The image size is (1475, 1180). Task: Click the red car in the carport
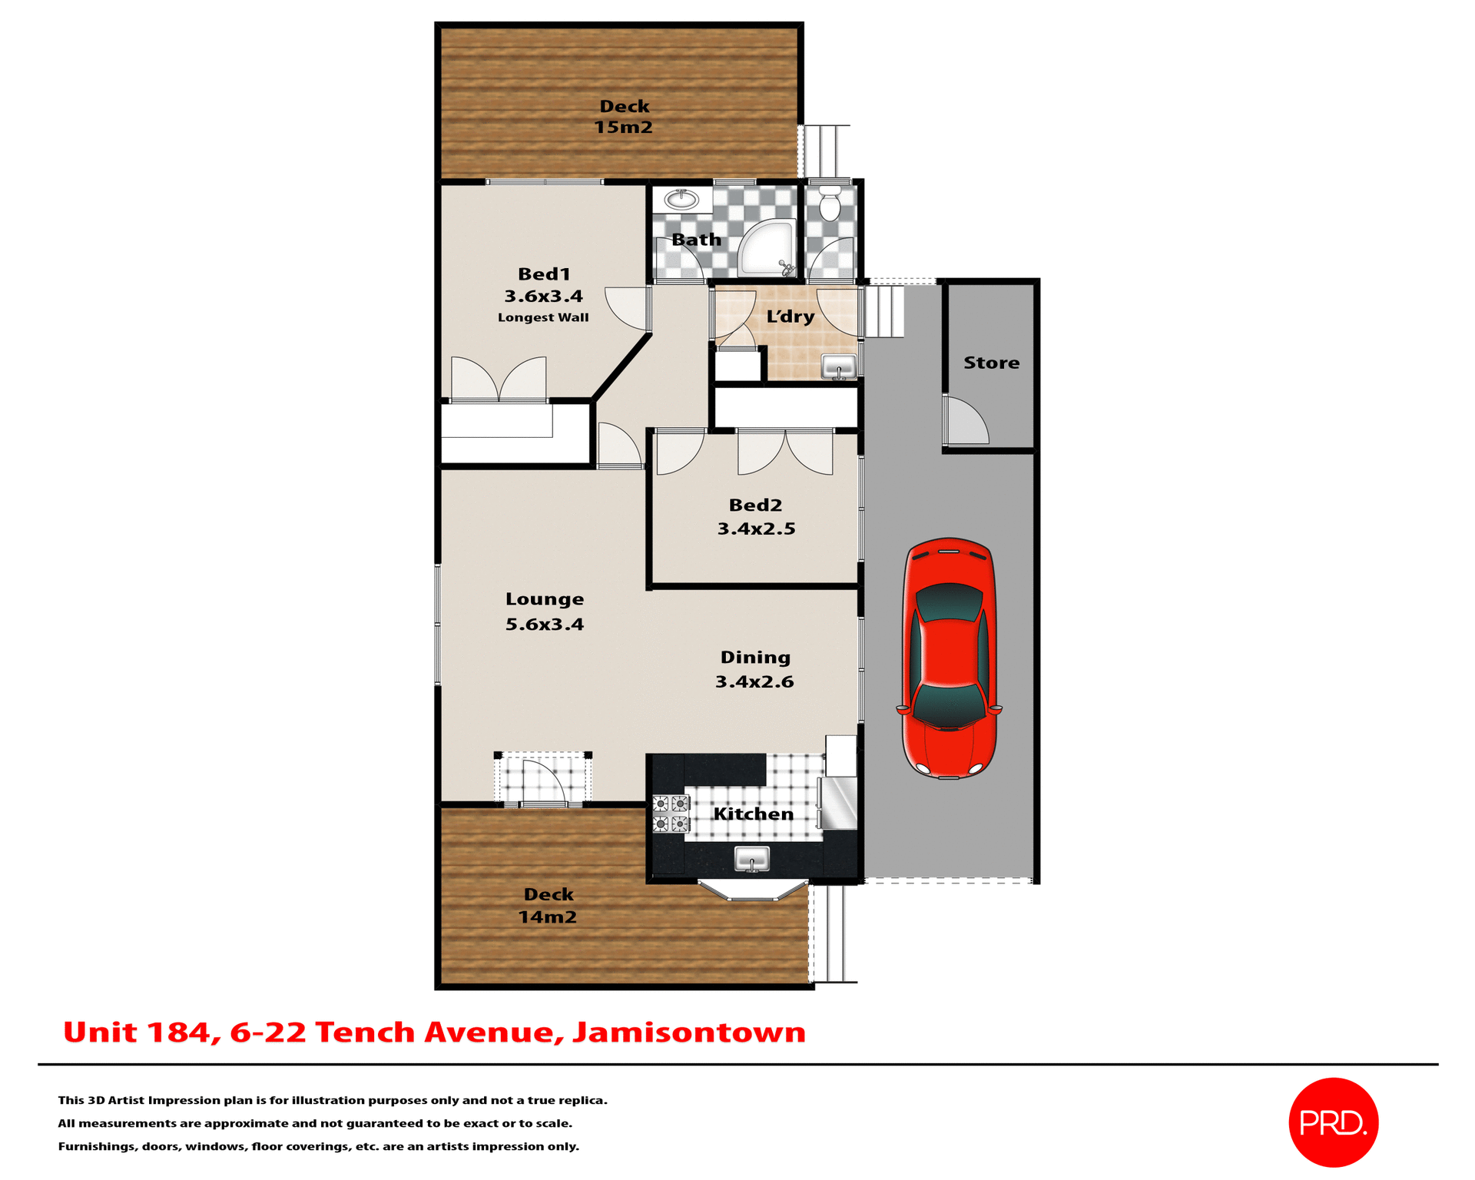pos(950,658)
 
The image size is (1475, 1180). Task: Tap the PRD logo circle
pos(1333,1122)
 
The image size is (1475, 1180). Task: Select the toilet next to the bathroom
pos(830,204)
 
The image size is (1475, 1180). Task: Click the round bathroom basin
pos(681,200)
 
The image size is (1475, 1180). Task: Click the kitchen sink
pos(752,858)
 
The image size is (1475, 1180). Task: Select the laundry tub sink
pos(839,366)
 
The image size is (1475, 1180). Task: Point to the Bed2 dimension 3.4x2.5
pos(756,529)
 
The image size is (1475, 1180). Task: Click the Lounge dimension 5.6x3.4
pos(544,624)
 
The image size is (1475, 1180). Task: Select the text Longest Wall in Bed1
pos(543,317)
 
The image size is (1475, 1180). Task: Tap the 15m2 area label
pos(623,128)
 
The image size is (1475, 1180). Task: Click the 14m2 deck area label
pos(547,916)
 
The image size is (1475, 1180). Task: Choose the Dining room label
pos(755,658)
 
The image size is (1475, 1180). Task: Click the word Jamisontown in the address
pos(689,1032)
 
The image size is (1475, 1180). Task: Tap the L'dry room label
pos(790,317)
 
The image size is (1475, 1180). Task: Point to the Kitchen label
pos(753,814)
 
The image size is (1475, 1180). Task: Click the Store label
pos(991,363)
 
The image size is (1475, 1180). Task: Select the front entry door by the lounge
pos(544,781)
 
